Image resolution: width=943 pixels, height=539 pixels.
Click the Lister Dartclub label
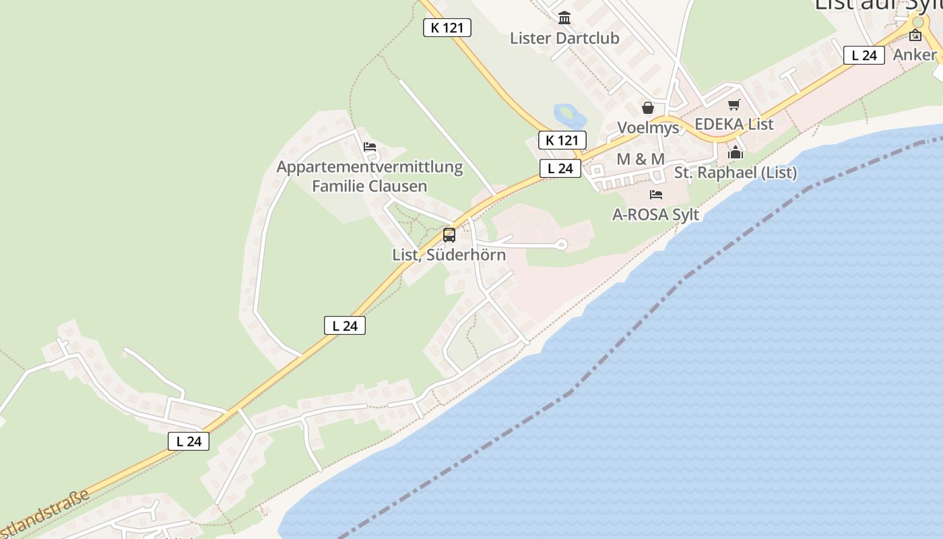(564, 38)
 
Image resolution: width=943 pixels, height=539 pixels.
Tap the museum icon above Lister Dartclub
(564, 18)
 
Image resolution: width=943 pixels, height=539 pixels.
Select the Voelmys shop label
(648, 127)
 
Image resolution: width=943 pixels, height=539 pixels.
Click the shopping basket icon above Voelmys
(648, 108)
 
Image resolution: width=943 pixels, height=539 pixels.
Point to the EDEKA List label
(734, 124)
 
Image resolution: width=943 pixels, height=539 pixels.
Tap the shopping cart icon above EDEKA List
(734, 105)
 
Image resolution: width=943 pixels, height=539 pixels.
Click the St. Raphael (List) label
(736, 172)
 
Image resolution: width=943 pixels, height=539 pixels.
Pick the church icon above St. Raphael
(736, 152)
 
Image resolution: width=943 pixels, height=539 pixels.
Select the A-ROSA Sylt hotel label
(655, 214)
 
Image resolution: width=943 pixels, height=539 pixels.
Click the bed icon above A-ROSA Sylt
(655, 195)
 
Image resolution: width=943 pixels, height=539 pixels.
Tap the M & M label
(641, 159)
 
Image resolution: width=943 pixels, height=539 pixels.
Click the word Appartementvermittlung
(370, 166)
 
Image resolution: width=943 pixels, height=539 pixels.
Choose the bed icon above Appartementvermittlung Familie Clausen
(369, 147)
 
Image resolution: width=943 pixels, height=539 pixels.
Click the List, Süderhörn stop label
(449, 255)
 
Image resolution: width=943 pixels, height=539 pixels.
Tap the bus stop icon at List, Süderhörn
(449, 235)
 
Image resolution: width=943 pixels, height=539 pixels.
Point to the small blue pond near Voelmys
(566, 115)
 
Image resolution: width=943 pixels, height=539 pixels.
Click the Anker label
(915, 55)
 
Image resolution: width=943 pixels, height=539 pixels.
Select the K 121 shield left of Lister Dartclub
(447, 28)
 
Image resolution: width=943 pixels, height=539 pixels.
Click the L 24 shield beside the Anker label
(864, 55)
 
